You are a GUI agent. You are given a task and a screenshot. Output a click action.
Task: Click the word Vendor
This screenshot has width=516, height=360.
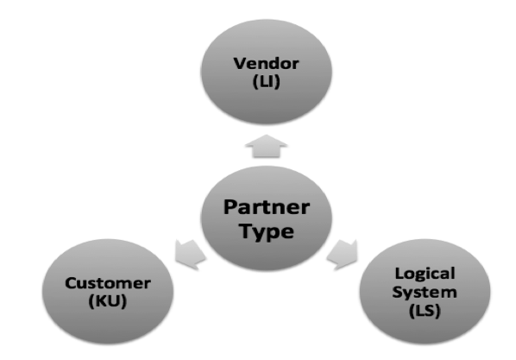267,64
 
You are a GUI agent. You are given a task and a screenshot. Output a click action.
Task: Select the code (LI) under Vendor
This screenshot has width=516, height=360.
267,82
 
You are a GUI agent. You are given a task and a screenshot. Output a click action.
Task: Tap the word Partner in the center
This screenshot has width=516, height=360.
267,207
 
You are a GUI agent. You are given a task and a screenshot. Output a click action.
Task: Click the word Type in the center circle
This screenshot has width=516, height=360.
267,231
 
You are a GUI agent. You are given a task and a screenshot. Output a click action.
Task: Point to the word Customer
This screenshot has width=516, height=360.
108,283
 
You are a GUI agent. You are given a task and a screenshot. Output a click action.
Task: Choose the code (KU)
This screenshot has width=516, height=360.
108,301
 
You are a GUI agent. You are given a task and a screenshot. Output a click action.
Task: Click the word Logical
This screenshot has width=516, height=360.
425,274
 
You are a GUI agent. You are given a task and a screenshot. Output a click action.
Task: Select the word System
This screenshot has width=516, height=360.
425,292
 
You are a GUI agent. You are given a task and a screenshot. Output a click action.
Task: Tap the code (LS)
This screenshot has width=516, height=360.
425,311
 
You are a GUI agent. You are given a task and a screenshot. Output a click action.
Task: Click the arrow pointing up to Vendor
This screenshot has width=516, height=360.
267,146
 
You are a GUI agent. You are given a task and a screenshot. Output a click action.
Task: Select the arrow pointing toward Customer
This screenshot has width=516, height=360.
190,255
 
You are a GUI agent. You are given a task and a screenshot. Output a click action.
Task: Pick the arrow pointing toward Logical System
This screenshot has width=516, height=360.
343,255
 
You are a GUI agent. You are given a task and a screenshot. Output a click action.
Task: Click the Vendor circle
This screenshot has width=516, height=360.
267,73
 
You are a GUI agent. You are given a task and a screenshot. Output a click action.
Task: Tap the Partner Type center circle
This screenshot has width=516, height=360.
267,218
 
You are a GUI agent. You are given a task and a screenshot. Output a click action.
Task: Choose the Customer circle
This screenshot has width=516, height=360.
108,292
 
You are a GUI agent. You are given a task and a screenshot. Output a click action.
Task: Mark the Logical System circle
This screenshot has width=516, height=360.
425,292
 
